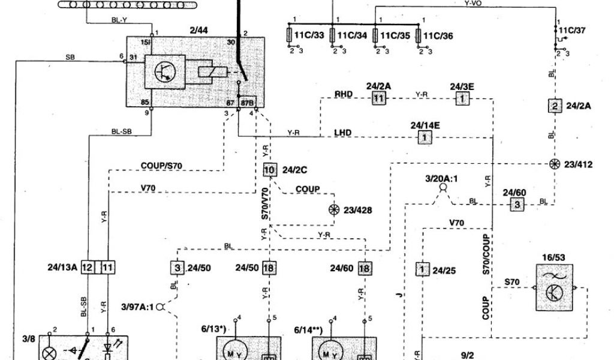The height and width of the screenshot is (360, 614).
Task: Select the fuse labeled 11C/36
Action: coord(419,35)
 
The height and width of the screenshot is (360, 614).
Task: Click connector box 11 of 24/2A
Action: coord(378,98)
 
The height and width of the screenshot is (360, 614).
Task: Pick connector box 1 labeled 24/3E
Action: coord(462,98)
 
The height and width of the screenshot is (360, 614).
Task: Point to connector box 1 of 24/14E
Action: coord(425,137)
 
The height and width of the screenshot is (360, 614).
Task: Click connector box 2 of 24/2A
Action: coord(555,106)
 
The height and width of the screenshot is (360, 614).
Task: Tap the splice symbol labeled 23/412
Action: coord(554,164)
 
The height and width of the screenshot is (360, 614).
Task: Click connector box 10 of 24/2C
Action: coord(269,170)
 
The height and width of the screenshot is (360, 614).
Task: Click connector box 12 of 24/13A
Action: coord(88,267)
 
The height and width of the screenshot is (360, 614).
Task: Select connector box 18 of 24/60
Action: coord(364,268)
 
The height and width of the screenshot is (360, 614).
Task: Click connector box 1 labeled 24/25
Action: coord(423,269)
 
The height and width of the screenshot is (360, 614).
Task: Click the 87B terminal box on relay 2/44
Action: coord(248,102)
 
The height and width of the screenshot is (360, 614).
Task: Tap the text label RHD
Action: coord(344,94)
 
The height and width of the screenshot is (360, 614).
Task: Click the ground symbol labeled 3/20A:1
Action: coord(443,188)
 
